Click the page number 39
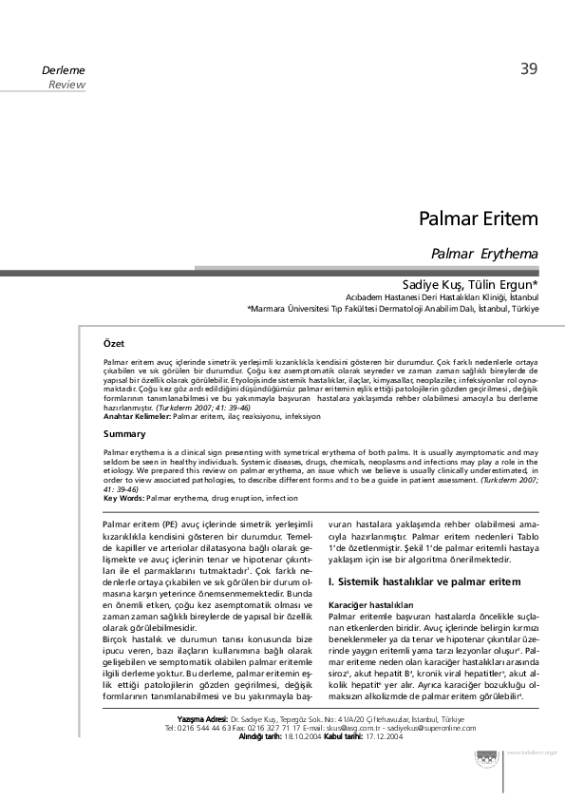[529, 68]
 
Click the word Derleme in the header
[64, 71]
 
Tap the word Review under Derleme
[66, 86]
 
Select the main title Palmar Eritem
[479, 219]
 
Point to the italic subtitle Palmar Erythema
[484, 254]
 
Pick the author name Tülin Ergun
[504, 284]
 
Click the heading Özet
[114, 343]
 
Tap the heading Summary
[124, 433]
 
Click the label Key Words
[123, 498]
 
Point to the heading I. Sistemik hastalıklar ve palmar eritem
[424, 580]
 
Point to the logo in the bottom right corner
[487, 755]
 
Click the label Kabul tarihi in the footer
[339, 737]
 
